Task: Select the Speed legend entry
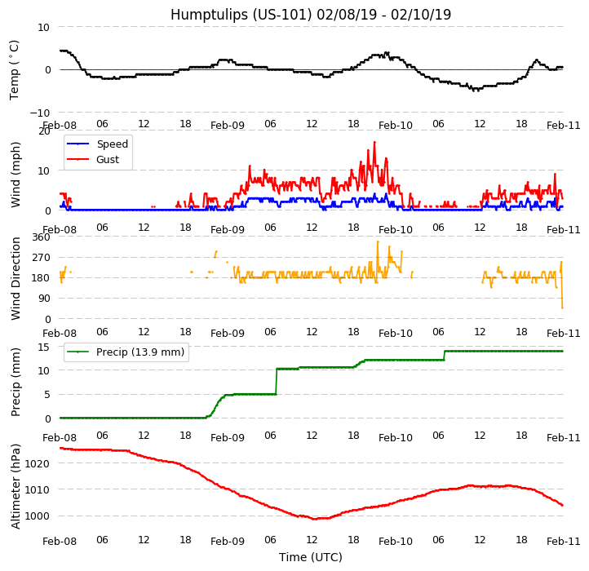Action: (x=112, y=144)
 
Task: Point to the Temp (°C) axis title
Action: (x=15, y=69)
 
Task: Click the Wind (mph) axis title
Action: (x=15, y=174)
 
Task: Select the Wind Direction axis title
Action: (x=15, y=278)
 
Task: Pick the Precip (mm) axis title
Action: (x=15, y=382)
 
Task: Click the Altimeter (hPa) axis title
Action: (x=15, y=486)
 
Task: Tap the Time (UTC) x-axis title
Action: (x=311, y=557)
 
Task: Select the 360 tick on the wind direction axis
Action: (x=41, y=237)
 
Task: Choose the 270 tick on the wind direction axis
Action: (x=41, y=258)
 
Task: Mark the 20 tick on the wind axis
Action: (x=45, y=131)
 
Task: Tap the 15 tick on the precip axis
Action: (x=45, y=347)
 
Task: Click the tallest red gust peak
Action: (x=374, y=143)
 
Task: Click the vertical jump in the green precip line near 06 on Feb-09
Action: (x=276, y=382)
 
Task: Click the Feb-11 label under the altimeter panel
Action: (x=564, y=541)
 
